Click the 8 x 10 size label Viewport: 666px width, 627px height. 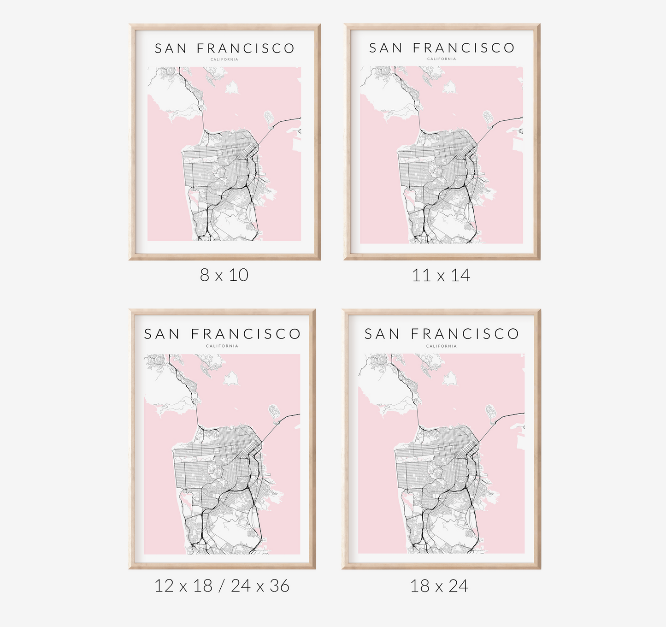tap(224, 275)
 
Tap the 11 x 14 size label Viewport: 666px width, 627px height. tap(441, 276)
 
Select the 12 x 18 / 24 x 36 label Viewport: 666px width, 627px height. tap(222, 586)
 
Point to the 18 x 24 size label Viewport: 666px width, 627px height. tap(439, 586)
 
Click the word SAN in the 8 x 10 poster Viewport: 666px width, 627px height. tap(171, 48)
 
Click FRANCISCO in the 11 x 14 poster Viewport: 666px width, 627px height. tap(463, 48)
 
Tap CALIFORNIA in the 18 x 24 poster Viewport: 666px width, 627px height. tap(441, 346)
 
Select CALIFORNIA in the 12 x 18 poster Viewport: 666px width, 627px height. tap(222, 346)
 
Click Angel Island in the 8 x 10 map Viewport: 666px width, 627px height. tap(232, 88)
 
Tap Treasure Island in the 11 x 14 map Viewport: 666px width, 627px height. tap(488, 118)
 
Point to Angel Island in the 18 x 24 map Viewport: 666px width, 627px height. tap(450, 379)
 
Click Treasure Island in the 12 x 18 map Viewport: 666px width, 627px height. tap(274, 412)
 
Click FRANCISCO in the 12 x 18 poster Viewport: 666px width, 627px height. tap(246, 334)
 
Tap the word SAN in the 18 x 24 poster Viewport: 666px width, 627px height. tap(382, 334)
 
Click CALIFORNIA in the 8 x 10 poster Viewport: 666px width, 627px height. tap(224, 59)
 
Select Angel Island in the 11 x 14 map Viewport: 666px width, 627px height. tap(449, 87)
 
